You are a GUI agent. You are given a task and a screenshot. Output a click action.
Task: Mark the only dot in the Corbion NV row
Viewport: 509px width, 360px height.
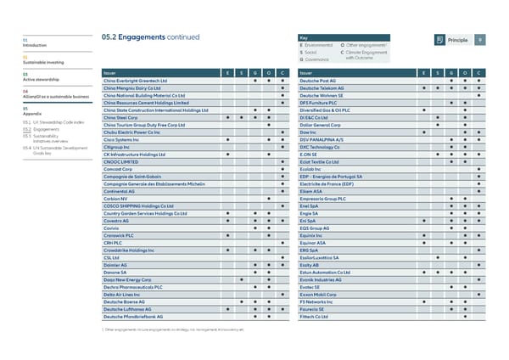click(268, 198)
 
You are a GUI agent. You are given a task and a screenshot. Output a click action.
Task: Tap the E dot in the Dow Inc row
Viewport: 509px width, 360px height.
click(423, 132)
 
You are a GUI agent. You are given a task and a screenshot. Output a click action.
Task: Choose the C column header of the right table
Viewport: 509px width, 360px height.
click(479, 73)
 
